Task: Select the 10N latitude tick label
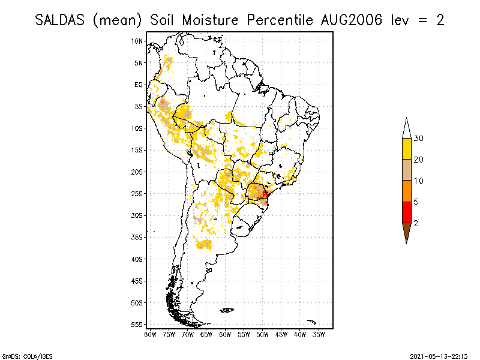pos(137,41)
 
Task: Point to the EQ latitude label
pos(139,85)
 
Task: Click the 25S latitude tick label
pos(137,194)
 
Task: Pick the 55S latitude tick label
pos(137,325)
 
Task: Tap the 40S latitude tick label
pos(137,259)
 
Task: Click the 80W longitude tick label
pos(151,334)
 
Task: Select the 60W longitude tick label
pos(225,334)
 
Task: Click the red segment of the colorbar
pos(406,212)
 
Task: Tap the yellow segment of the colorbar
pos(406,149)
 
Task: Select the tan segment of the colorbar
pos(406,170)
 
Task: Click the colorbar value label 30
pos(419,139)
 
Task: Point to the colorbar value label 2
pos(416,223)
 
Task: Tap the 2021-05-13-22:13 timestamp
pos(439,355)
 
